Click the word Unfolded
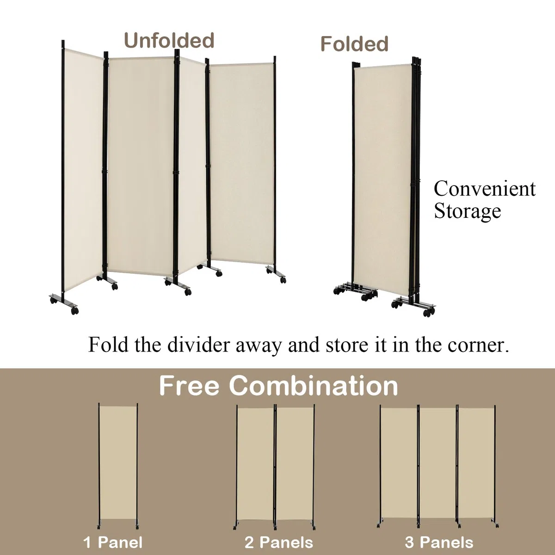pyautogui.click(x=169, y=41)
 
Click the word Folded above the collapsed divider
pyautogui.click(x=355, y=44)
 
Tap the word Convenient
pyautogui.click(x=485, y=189)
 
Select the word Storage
pyautogui.click(x=468, y=212)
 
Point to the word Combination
pyautogui.click(x=314, y=386)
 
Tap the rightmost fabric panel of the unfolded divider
pyautogui.click(x=242, y=163)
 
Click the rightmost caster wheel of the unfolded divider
pyautogui.click(x=284, y=279)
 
